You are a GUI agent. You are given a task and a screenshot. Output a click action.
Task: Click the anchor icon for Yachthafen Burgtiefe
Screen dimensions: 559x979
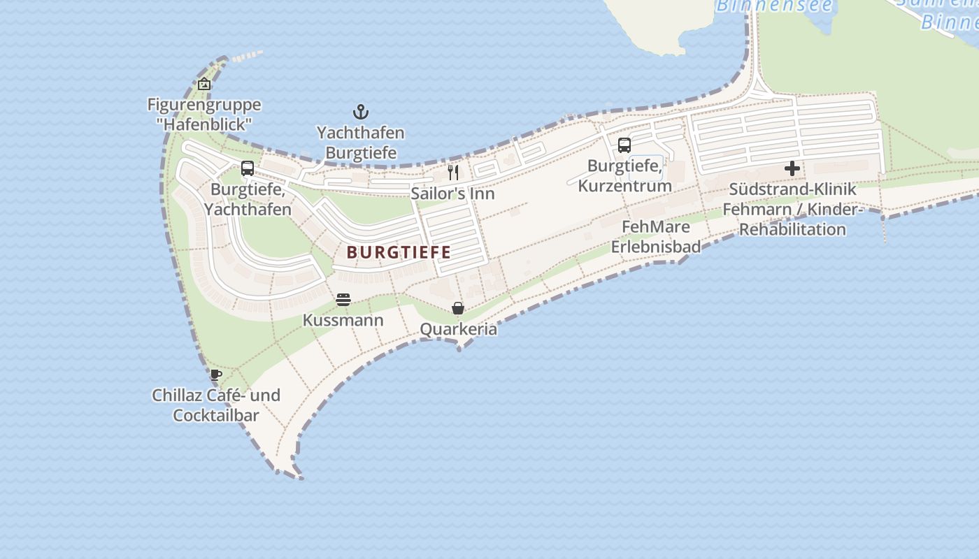360,112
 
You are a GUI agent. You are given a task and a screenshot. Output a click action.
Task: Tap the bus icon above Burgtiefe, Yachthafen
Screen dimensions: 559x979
248,168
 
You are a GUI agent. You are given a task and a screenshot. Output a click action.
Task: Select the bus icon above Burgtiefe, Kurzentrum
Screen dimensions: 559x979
624,145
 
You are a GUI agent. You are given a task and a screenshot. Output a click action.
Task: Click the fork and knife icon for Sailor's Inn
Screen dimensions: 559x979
453,172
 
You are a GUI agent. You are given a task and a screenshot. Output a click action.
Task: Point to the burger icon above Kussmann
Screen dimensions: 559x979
343,300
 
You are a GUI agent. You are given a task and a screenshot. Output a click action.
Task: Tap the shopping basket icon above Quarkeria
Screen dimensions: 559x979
458,308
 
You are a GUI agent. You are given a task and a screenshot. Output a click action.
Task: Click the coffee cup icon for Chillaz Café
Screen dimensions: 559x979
216,375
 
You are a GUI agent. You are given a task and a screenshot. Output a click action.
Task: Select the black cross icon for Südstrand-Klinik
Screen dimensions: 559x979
792,168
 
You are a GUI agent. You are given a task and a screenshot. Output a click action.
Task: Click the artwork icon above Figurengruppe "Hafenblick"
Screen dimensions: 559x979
204,85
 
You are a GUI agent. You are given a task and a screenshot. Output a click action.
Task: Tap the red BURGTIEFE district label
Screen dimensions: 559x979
399,252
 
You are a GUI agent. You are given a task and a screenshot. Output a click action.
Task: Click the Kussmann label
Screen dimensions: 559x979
343,320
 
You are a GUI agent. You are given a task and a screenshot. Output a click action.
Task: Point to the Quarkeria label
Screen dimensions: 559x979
458,329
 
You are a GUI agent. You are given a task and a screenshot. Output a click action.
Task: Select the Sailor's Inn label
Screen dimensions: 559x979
452,194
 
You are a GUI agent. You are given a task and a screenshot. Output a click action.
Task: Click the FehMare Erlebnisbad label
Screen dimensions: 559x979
656,236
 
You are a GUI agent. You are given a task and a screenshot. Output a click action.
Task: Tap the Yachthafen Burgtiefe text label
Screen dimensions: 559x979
360,143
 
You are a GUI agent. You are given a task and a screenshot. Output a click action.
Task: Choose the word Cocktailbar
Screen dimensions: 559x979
216,415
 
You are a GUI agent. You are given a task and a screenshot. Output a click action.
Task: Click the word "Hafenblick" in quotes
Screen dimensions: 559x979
204,124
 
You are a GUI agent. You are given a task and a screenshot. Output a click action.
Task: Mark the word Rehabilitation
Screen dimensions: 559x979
792,229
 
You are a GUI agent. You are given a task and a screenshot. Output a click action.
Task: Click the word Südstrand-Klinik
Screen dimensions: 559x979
792,189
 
